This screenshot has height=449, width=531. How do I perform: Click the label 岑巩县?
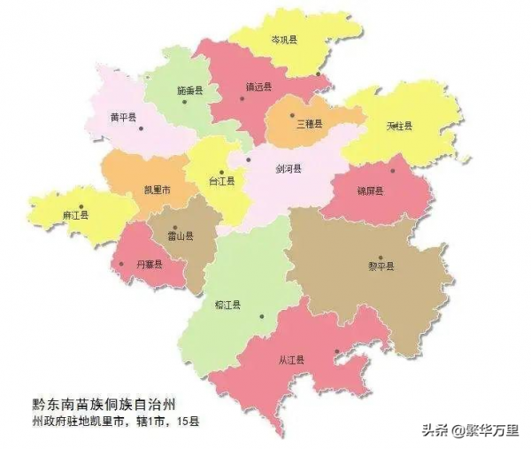(x=285, y=41)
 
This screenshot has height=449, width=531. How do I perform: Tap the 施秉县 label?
(x=189, y=90)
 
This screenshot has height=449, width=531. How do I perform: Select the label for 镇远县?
(x=258, y=87)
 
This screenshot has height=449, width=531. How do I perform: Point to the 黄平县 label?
(x=123, y=117)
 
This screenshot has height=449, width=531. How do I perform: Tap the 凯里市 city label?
(x=157, y=190)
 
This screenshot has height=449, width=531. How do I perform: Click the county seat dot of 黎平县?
(x=381, y=257)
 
